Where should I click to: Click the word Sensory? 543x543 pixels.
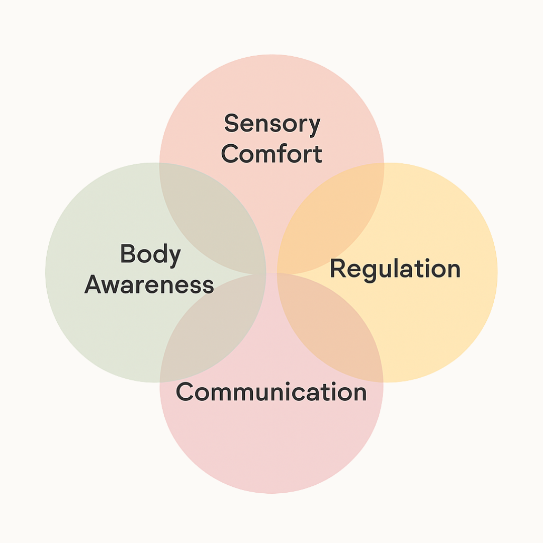[272, 124]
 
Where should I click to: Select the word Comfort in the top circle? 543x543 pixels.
[271, 154]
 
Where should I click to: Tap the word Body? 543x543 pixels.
[150, 254]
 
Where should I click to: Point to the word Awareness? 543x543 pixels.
[149, 285]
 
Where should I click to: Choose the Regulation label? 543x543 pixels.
[395, 269]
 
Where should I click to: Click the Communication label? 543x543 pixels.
[271, 392]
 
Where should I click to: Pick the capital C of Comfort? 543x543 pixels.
[230, 154]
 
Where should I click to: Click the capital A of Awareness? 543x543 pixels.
[94, 285]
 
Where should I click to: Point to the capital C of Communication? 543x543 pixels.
[185, 392]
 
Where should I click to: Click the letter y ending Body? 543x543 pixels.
[174, 257]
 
